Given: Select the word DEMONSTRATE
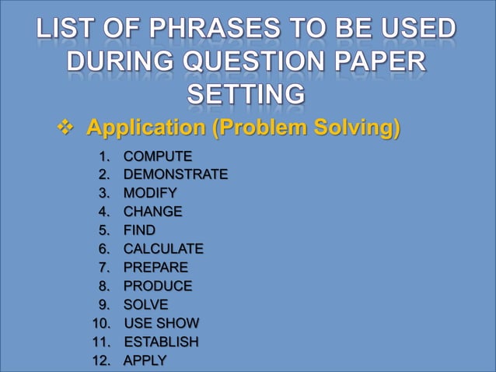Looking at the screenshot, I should coord(176,174).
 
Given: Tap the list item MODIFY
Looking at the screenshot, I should coord(150,193).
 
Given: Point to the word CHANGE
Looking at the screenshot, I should coord(153,212).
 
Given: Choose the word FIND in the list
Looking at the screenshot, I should coord(139,230).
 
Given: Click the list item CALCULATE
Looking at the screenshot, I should coord(163,249).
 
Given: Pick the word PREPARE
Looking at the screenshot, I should coord(155,268).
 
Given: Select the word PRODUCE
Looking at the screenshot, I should coord(158,286).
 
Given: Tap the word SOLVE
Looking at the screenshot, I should coord(146,304).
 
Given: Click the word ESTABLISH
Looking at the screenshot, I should coord(162,342).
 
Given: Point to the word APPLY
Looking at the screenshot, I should coord(145,360).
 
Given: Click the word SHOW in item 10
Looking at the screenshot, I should coord(179,323).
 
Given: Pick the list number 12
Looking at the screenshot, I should coord(103,360).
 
